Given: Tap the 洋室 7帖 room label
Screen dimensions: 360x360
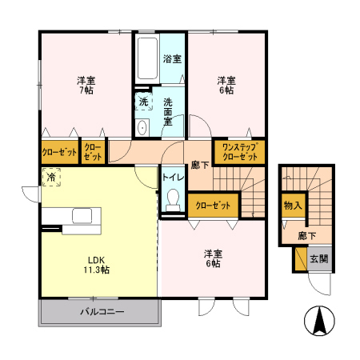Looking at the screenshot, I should [x=86, y=86].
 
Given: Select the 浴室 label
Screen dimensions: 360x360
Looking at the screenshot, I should [x=171, y=59].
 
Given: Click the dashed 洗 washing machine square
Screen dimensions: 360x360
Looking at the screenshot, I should [x=142, y=102].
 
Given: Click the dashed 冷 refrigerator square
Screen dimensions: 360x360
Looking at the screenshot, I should [x=50, y=178].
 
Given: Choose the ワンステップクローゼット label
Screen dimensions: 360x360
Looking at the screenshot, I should [x=239, y=152].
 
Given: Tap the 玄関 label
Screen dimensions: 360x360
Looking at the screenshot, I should [x=318, y=259].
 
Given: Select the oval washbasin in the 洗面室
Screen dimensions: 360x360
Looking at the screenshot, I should [x=142, y=127].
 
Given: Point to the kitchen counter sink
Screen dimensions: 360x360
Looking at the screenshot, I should [x=82, y=216].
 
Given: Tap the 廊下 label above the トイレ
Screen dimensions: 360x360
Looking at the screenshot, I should [x=200, y=164].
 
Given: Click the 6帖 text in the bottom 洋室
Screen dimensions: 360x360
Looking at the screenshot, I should [x=213, y=264].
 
